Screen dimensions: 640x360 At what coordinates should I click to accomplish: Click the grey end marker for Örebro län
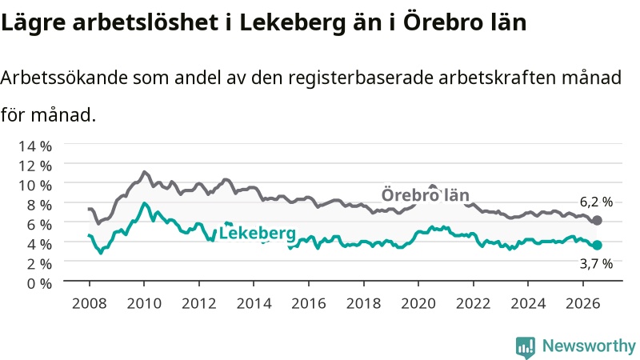click(597, 221)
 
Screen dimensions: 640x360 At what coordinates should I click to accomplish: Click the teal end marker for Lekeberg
click(597, 245)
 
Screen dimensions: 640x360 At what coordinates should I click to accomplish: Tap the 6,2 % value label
click(596, 202)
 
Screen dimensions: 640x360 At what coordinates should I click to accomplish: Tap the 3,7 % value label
click(596, 264)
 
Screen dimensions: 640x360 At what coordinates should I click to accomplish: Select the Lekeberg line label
click(257, 233)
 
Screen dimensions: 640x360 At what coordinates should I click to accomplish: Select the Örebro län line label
click(425, 194)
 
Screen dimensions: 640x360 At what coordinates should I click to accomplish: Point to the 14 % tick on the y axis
click(35, 146)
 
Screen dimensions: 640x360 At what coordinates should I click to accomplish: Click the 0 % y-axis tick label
click(39, 283)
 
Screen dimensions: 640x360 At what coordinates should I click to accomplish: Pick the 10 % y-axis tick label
click(35, 186)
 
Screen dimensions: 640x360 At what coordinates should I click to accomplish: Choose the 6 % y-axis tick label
click(39, 225)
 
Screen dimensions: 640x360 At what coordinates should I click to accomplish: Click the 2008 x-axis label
click(89, 303)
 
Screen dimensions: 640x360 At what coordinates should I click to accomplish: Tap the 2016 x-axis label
click(309, 303)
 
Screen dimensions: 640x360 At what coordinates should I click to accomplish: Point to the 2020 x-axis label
click(418, 303)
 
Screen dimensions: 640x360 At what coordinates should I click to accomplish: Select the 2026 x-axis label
click(583, 303)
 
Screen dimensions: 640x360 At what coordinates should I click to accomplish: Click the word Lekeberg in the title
click(292, 23)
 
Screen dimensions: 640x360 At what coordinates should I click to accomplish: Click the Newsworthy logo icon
click(526, 347)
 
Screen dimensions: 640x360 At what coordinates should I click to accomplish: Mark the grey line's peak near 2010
click(144, 172)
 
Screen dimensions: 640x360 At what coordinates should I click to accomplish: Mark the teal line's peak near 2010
click(144, 203)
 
